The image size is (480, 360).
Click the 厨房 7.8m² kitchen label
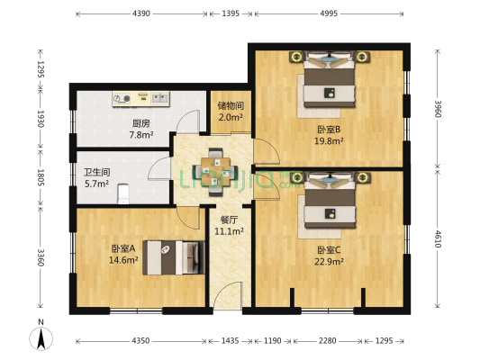(x=140, y=130)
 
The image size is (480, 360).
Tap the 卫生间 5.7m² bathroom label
(x=96, y=178)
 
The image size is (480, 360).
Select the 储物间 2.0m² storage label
(x=231, y=112)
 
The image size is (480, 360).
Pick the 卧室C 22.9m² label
(x=331, y=256)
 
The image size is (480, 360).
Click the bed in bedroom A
(x=171, y=256)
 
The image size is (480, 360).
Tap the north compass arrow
(x=41, y=338)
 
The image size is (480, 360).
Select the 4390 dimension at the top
(x=140, y=14)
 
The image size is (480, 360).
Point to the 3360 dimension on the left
(x=40, y=259)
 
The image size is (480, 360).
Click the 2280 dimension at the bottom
(x=329, y=342)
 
